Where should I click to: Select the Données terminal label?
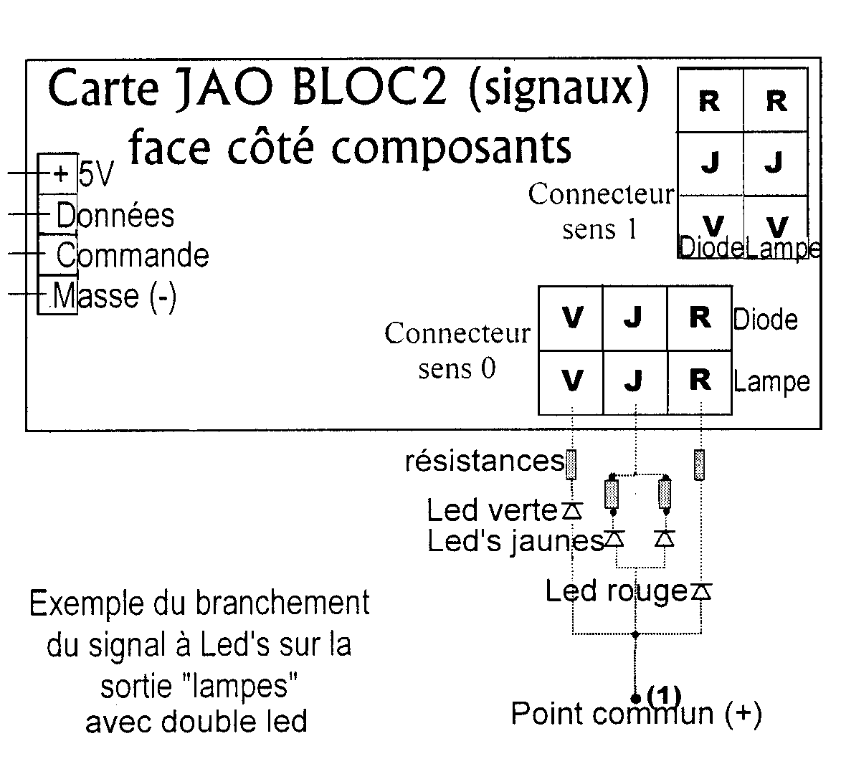[115, 215]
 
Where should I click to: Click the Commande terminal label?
[133, 255]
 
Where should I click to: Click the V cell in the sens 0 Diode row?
[571, 317]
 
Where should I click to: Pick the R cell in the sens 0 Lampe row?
[700, 381]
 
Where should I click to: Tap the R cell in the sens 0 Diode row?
[700, 317]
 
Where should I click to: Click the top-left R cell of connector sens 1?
[709, 102]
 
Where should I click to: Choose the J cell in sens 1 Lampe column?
[774, 164]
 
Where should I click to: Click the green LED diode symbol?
[571, 511]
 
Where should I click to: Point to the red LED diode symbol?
[701, 592]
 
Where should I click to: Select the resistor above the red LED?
[700, 464]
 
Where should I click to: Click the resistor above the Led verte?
[571, 464]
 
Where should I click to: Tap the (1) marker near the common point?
[663, 694]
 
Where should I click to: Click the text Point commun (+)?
[635, 714]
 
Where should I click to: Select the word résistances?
[485, 462]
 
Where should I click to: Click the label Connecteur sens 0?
[457, 350]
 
